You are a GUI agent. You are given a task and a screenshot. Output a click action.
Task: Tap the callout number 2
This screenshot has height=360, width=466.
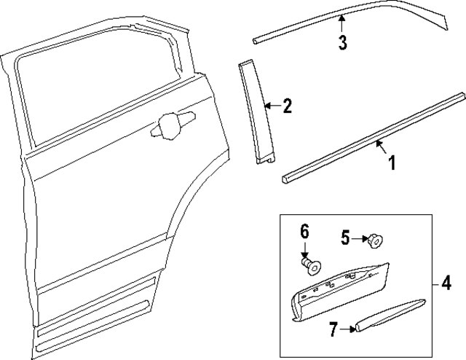pos(287,106)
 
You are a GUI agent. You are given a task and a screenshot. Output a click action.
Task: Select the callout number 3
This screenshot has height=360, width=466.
pos(342,42)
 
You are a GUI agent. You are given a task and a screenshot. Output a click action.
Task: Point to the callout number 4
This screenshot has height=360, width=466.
pos(444,282)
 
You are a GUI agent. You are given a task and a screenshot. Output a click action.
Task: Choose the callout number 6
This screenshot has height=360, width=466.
pos(305,232)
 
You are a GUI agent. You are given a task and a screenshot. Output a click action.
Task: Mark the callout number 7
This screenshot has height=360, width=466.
pos(332,330)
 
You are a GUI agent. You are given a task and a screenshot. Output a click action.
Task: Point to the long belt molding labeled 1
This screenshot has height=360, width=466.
pos(371,135)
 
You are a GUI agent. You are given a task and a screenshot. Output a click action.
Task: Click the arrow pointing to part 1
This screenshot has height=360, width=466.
pos(380,148)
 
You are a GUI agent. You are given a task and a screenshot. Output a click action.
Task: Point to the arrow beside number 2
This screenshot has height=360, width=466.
pos(270,106)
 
